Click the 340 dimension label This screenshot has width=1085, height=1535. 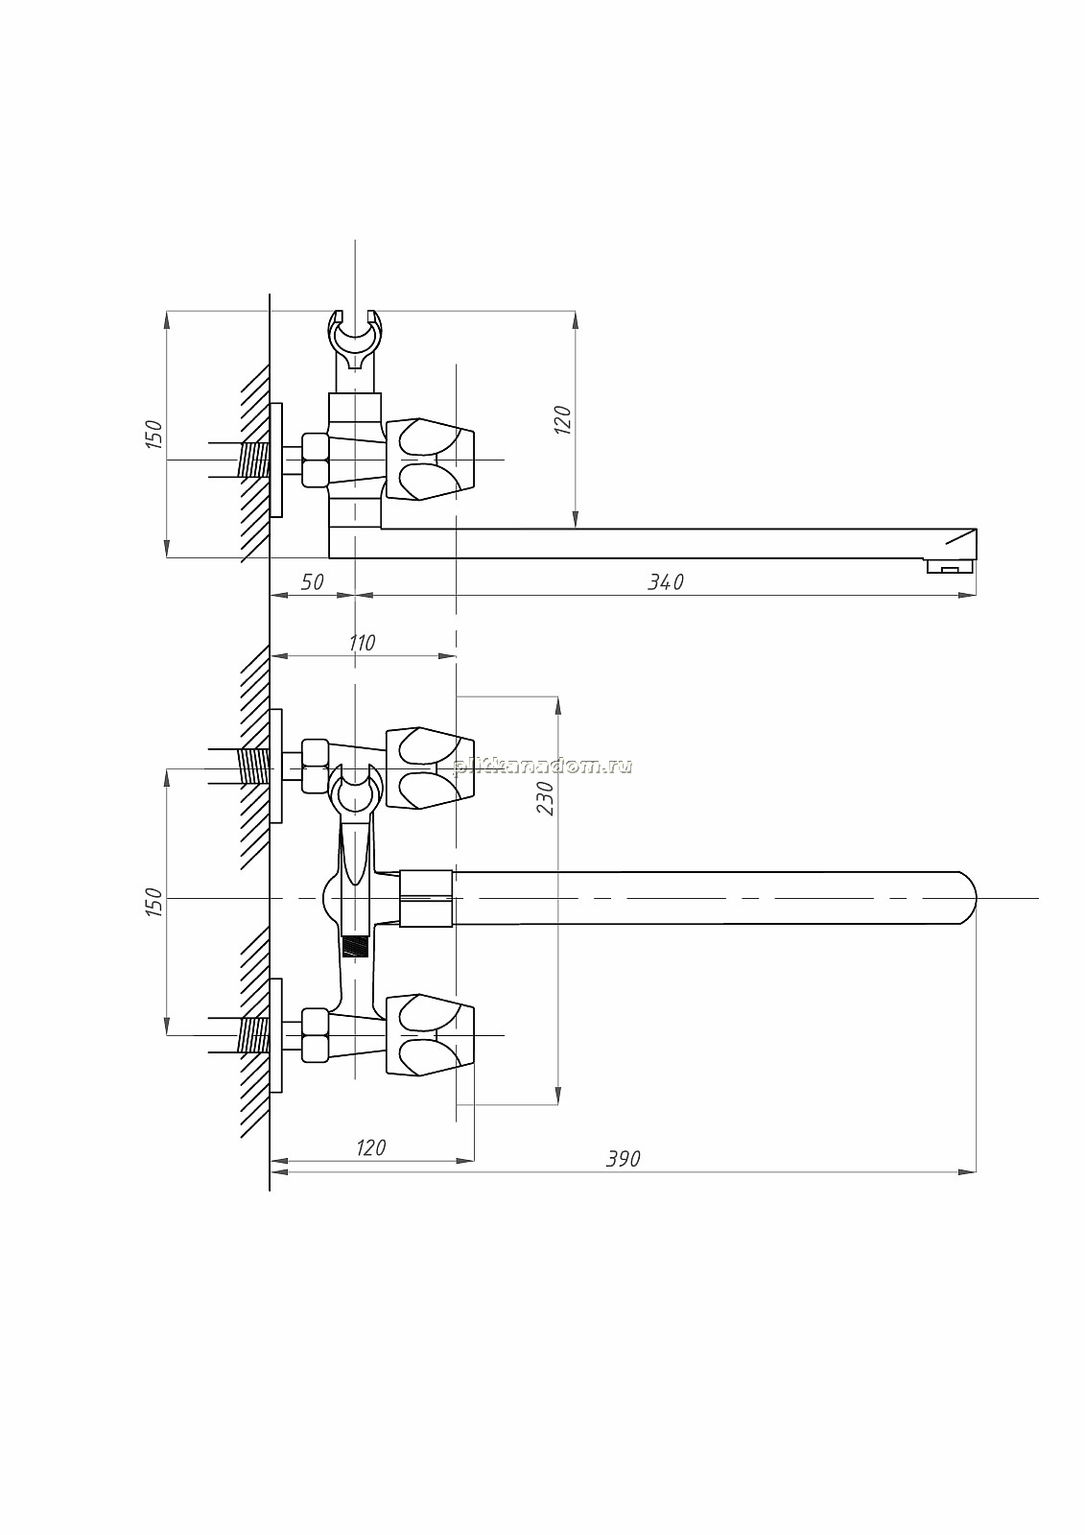(x=666, y=581)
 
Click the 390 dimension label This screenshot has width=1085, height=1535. (x=623, y=1159)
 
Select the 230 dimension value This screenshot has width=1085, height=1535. (x=545, y=798)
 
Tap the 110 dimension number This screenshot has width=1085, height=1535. (x=362, y=643)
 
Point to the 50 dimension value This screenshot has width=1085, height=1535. (x=312, y=581)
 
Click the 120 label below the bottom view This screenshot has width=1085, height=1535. (x=371, y=1147)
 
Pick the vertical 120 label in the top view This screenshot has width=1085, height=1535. (x=562, y=420)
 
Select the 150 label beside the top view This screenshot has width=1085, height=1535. (x=154, y=435)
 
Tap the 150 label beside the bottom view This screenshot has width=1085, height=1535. (x=154, y=903)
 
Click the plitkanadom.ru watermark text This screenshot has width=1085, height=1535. (x=542, y=767)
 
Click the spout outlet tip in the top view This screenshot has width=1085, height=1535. (x=952, y=566)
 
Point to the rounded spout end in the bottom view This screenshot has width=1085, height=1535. (x=965, y=898)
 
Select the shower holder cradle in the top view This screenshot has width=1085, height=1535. (x=354, y=341)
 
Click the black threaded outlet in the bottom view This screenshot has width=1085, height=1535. (x=355, y=947)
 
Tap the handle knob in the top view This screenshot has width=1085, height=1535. (x=430, y=460)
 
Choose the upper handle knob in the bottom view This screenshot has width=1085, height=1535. (x=430, y=768)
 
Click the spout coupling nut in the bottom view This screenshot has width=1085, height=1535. (x=426, y=898)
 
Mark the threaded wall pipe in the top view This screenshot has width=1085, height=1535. (x=252, y=460)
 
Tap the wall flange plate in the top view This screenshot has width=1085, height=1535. (x=276, y=460)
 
